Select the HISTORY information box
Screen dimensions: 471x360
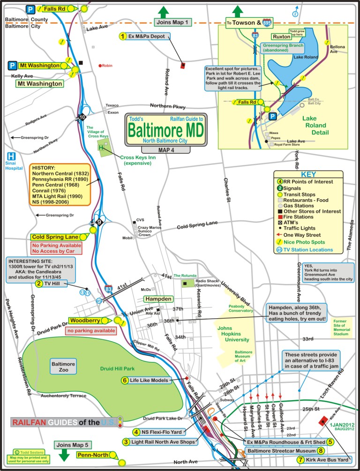(x=60, y=185)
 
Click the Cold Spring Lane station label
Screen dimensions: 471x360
(x=56, y=237)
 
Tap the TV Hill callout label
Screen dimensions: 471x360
(x=50, y=283)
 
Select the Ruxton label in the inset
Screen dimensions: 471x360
(x=280, y=36)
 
